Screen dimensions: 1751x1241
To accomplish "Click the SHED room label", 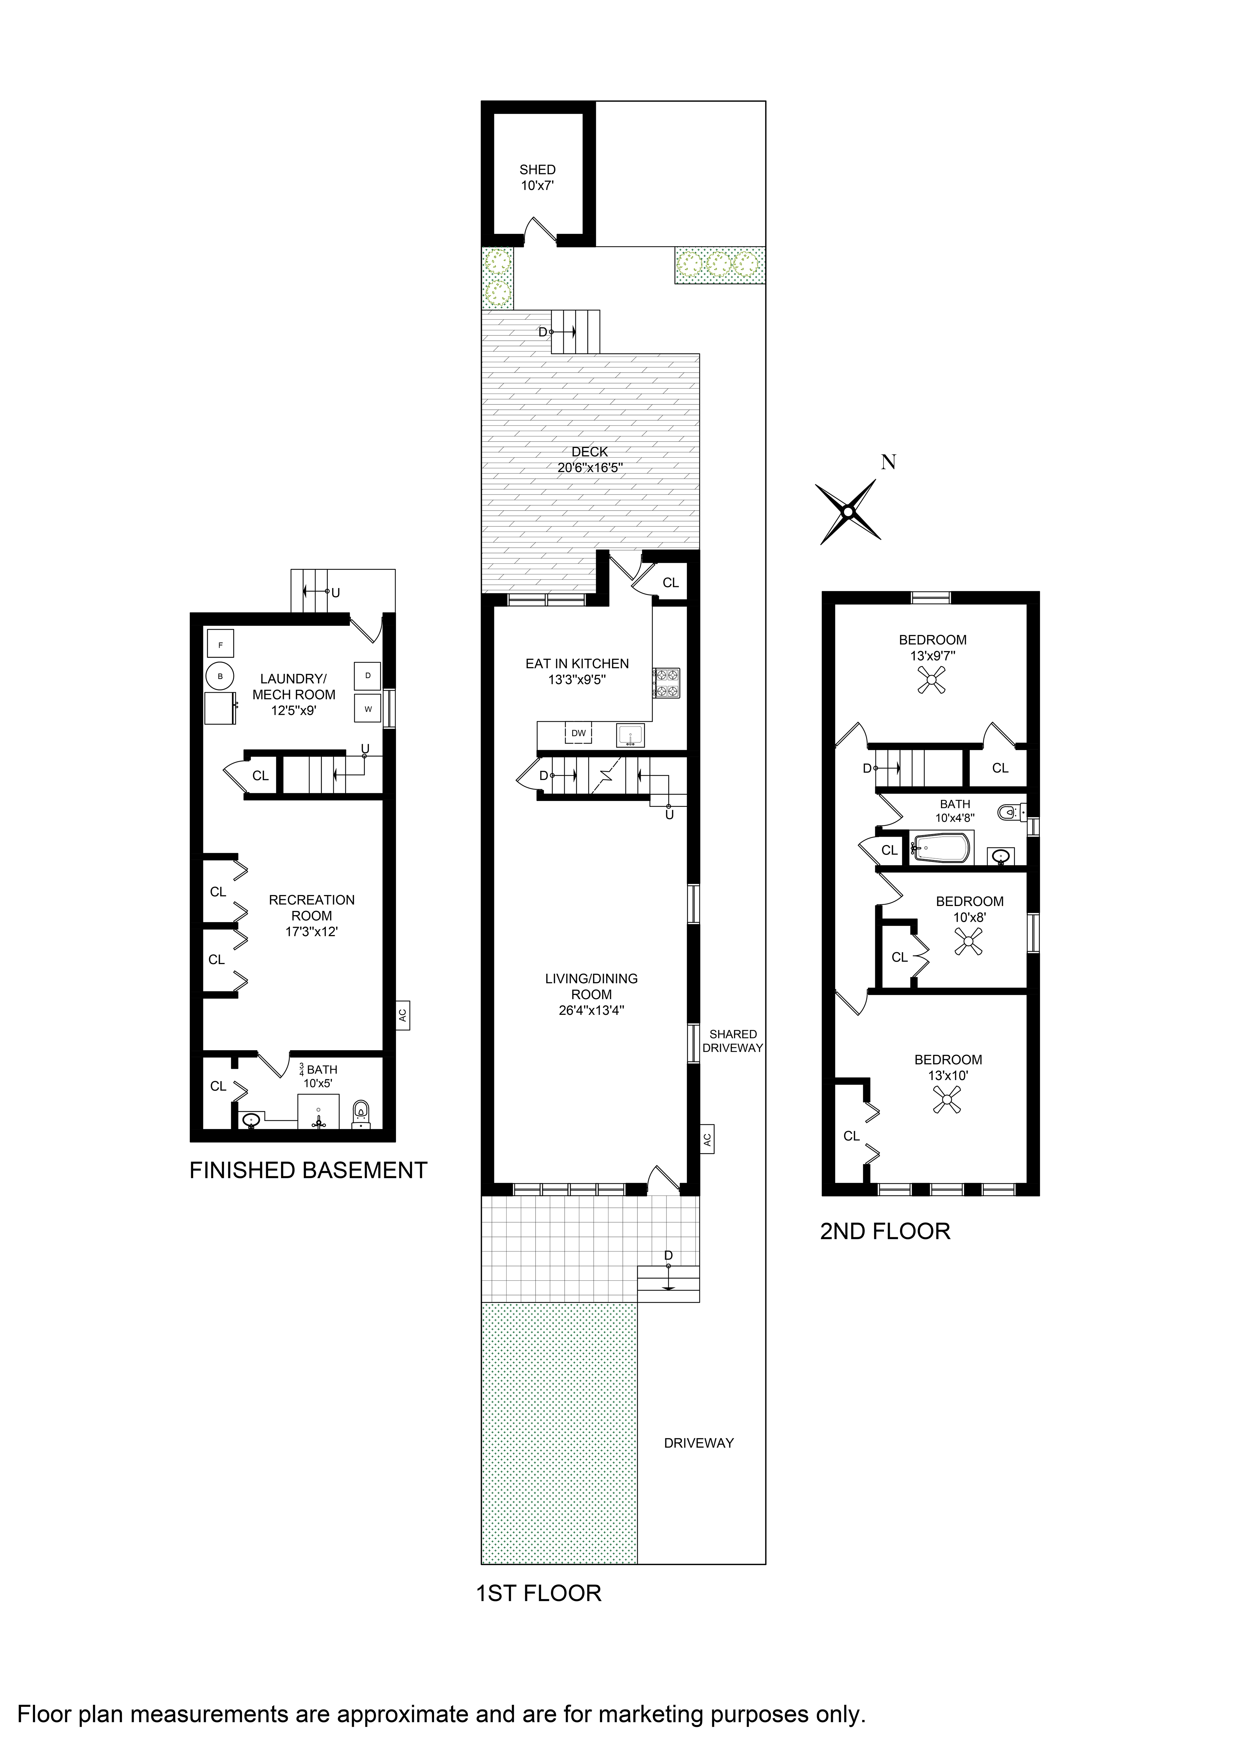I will [x=537, y=170].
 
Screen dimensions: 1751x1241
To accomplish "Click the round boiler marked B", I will [x=220, y=676].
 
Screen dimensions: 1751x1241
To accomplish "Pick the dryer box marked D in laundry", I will [x=368, y=676].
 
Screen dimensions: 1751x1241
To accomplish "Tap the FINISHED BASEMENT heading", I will [x=308, y=1171].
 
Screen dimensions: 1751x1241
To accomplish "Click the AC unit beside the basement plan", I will [x=403, y=1015].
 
